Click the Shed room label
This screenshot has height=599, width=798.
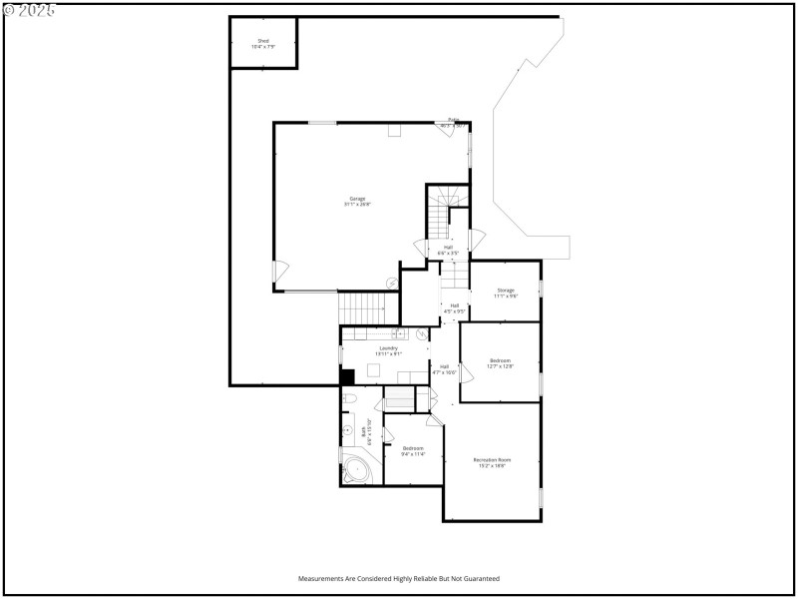(x=263, y=42)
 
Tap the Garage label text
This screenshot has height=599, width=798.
(x=356, y=200)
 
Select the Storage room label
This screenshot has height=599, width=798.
(x=506, y=292)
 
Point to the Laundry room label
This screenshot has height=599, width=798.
(x=388, y=349)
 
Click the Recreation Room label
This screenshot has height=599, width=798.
(x=492, y=460)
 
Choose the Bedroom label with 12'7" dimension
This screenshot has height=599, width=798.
(x=500, y=361)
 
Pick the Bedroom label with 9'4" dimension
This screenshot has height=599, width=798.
(x=413, y=449)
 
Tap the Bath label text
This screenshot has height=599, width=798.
(x=365, y=432)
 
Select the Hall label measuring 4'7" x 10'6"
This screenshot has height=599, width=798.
(x=444, y=368)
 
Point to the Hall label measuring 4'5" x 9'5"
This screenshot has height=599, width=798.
(x=454, y=307)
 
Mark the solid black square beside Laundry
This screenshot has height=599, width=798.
(x=347, y=376)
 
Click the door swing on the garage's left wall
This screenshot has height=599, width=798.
(x=281, y=270)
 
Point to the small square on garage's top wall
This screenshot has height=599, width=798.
(x=394, y=130)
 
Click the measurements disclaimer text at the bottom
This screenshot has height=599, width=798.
(x=399, y=578)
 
